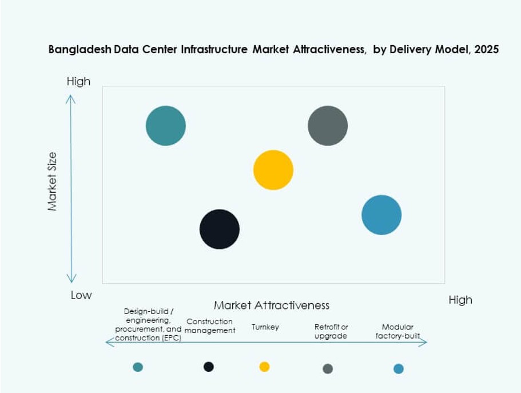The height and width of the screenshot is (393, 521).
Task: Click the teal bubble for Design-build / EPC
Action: click(x=166, y=126)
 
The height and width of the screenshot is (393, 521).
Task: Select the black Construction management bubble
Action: click(x=220, y=229)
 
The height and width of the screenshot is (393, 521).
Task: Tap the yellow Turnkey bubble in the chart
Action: click(x=273, y=170)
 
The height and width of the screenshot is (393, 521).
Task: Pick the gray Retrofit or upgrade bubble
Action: click(x=328, y=126)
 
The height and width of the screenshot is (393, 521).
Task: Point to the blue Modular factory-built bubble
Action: click(x=381, y=215)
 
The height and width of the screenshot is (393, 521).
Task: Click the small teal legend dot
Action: click(x=138, y=367)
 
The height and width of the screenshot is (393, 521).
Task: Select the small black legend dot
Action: click(x=209, y=367)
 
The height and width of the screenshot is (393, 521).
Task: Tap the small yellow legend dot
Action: click(x=264, y=367)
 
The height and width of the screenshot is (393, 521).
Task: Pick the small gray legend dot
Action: click(x=328, y=368)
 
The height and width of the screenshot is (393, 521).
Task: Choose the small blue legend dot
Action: click(x=399, y=368)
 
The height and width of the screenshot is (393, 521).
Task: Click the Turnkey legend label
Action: click(x=265, y=327)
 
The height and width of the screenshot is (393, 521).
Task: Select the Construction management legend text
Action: click(x=210, y=326)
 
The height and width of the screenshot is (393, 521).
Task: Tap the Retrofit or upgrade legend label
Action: click(x=331, y=331)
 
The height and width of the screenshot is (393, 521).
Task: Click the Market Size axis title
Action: click(x=53, y=181)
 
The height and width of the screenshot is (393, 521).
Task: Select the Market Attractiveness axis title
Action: click(x=272, y=305)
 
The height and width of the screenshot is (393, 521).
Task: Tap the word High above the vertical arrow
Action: click(x=78, y=81)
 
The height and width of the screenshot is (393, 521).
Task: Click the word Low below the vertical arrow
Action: click(x=81, y=295)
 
